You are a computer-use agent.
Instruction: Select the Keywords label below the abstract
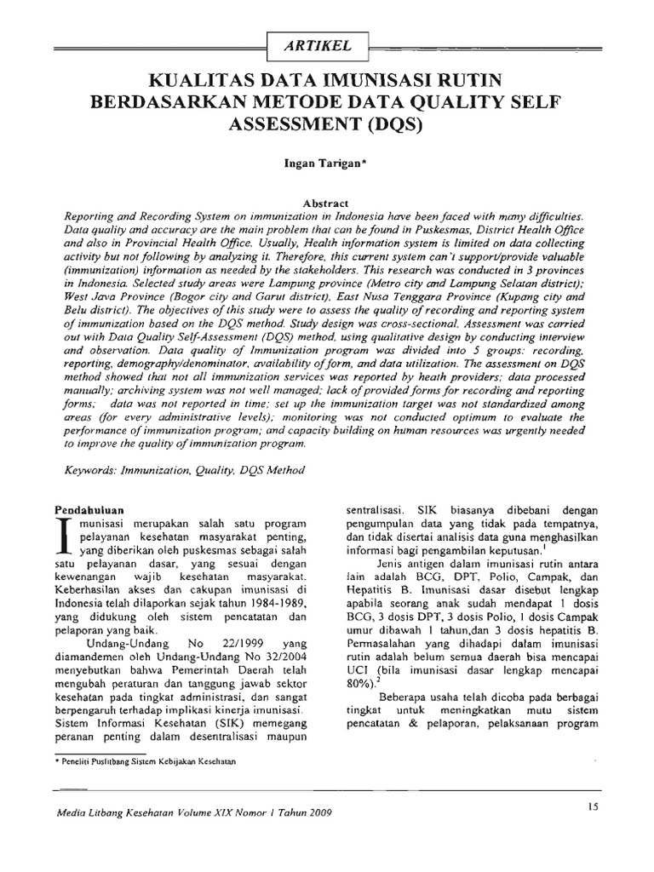click(91, 469)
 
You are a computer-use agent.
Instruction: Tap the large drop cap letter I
click(62, 534)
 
